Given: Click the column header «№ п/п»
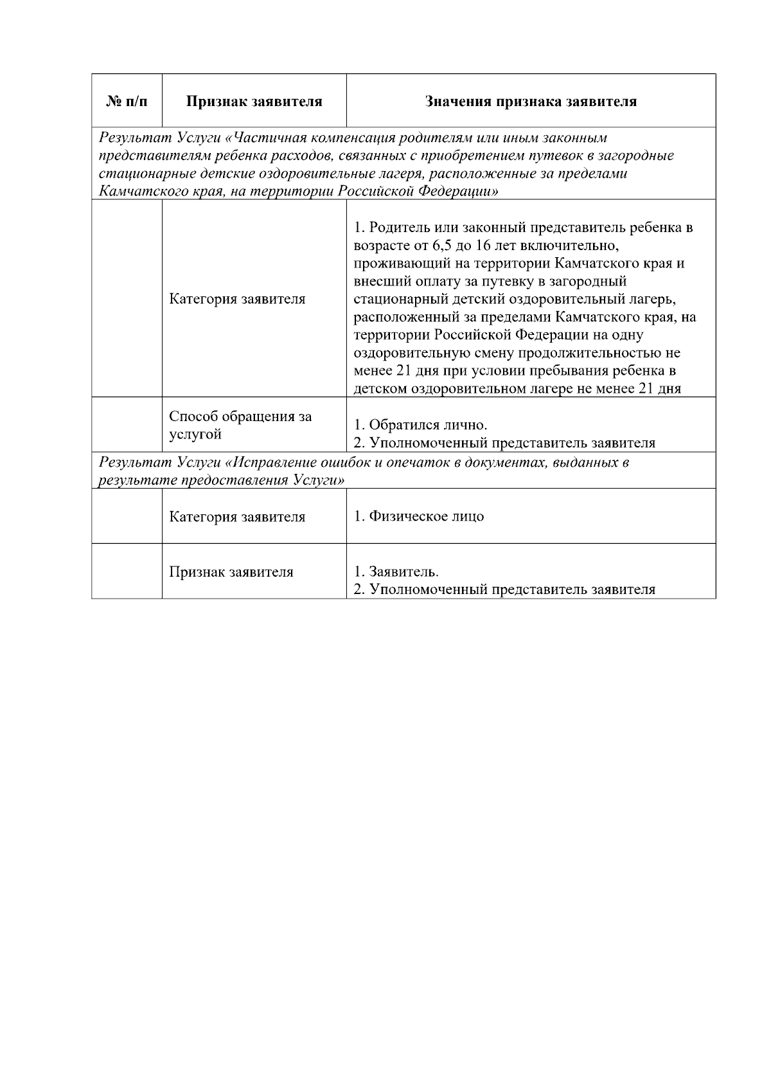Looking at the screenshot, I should [x=127, y=102].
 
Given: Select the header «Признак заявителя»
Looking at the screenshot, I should [x=254, y=102].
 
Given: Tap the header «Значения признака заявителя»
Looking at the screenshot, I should [x=531, y=102].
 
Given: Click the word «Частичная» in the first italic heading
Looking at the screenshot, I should [x=265, y=138].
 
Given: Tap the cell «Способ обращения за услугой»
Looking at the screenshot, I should [x=240, y=425].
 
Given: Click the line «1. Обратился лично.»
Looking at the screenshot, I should [x=421, y=425].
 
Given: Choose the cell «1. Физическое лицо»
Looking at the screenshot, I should [x=419, y=516].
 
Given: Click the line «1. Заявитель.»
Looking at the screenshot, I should [x=396, y=572].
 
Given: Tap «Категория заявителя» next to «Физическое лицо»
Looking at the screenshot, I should [x=237, y=517].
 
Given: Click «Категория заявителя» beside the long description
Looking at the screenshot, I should [x=237, y=299].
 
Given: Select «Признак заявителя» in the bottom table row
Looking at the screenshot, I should [x=231, y=572].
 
